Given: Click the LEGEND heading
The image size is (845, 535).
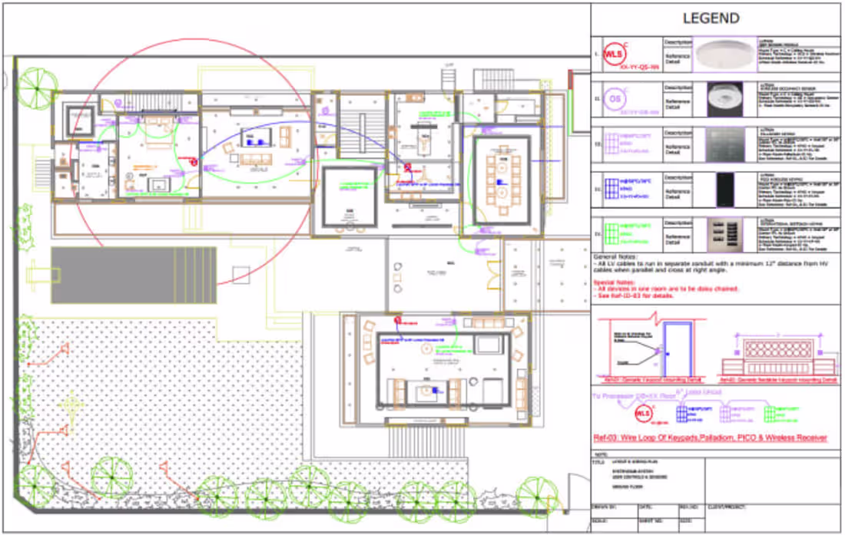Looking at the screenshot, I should point(711,18).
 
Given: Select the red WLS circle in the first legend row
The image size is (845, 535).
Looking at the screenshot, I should point(613,54).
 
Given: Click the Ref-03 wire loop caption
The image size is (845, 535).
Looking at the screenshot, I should point(710,438).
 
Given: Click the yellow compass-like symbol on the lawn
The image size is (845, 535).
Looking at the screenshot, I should point(71,402).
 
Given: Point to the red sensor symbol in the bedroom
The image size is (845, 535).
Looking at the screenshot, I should point(193,162).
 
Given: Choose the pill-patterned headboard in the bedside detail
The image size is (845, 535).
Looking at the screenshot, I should point(776,351).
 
